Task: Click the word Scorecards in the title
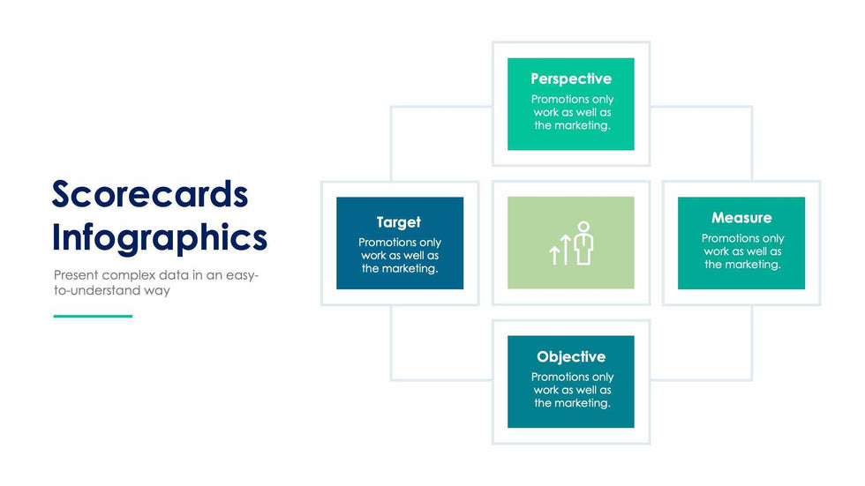pos(150,195)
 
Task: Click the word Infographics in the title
pos(160,238)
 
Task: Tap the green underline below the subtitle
pos(94,317)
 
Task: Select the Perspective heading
pos(571,79)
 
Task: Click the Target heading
pos(399,222)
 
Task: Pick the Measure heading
pos(741,218)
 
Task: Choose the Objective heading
pos(571,357)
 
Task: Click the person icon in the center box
pos(583,243)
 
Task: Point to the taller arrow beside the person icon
pos(566,249)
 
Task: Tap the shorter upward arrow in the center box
pos(554,255)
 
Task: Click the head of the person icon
pos(583,227)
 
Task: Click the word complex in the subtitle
pos(128,275)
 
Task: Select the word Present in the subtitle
pos(76,275)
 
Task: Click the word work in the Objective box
pos(546,390)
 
